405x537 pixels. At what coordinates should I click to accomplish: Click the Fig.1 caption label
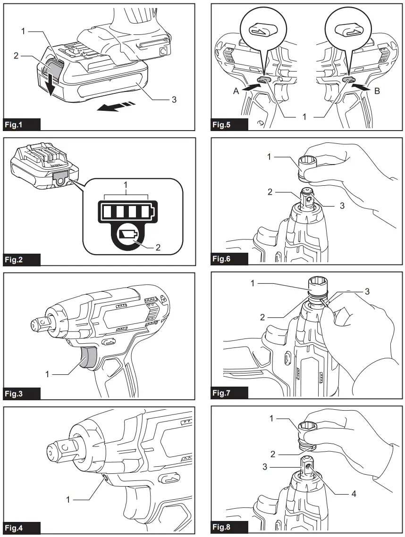[17, 125]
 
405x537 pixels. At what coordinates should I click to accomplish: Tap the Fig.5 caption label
[224, 125]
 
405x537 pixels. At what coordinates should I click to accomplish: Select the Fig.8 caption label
[224, 527]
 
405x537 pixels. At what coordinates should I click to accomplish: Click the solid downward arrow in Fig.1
[51, 85]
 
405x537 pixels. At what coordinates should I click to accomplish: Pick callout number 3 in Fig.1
[174, 99]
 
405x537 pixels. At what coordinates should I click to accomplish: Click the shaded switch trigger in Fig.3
[87, 359]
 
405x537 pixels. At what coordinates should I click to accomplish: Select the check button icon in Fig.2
[128, 234]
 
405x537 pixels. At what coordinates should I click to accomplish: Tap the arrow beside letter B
[361, 86]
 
